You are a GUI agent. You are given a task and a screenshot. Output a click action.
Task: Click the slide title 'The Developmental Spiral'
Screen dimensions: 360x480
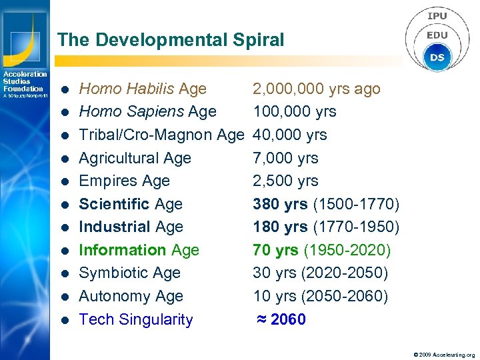[171, 40]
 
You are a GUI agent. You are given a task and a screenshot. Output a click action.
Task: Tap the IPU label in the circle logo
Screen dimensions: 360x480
[437, 16]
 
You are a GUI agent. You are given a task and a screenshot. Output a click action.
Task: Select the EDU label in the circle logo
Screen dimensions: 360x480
[437, 35]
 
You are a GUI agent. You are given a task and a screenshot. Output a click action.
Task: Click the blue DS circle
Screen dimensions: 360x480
[437, 57]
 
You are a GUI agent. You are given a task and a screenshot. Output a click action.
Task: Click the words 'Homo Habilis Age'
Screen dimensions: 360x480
[143, 89]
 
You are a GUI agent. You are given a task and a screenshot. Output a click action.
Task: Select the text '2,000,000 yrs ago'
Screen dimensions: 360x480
[316, 89]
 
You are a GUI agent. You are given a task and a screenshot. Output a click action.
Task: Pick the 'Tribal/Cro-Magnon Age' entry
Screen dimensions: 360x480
[161, 135]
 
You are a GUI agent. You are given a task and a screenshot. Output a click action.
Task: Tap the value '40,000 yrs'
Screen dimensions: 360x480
[289, 135]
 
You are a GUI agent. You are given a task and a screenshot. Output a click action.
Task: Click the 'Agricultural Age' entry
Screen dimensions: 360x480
[135, 158]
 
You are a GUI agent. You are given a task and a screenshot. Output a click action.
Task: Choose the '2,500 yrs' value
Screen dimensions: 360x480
[285, 181]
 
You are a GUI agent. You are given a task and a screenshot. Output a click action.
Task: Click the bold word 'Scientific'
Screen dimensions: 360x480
[115, 204]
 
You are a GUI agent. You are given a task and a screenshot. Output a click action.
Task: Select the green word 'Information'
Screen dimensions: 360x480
[123, 250]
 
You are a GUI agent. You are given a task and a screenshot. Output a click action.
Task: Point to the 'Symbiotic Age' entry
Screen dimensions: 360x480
[129, 273]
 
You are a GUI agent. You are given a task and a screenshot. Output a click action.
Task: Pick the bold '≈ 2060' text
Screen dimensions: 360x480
[281, 319]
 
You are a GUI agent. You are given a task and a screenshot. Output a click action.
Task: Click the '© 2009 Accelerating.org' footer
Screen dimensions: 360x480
[444, 355]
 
